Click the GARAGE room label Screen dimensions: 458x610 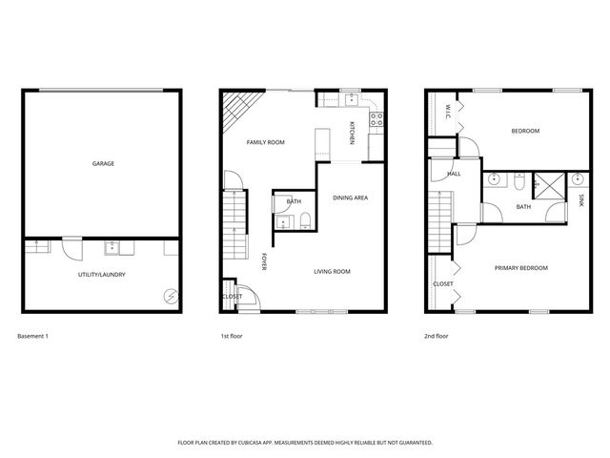103,163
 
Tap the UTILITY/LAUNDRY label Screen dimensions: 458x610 103,275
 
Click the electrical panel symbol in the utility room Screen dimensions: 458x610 170,297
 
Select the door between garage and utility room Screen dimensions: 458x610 70,248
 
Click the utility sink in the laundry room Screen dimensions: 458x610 112,248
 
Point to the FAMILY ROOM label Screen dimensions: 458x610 266,142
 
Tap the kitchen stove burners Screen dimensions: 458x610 376,119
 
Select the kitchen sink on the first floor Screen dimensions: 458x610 351,96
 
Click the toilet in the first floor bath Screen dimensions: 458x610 304,223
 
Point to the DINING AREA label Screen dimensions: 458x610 350,198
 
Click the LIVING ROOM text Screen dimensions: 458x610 333,272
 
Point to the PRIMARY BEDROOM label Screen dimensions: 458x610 521,268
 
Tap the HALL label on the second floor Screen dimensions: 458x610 454,174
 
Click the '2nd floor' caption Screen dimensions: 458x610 437,337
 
